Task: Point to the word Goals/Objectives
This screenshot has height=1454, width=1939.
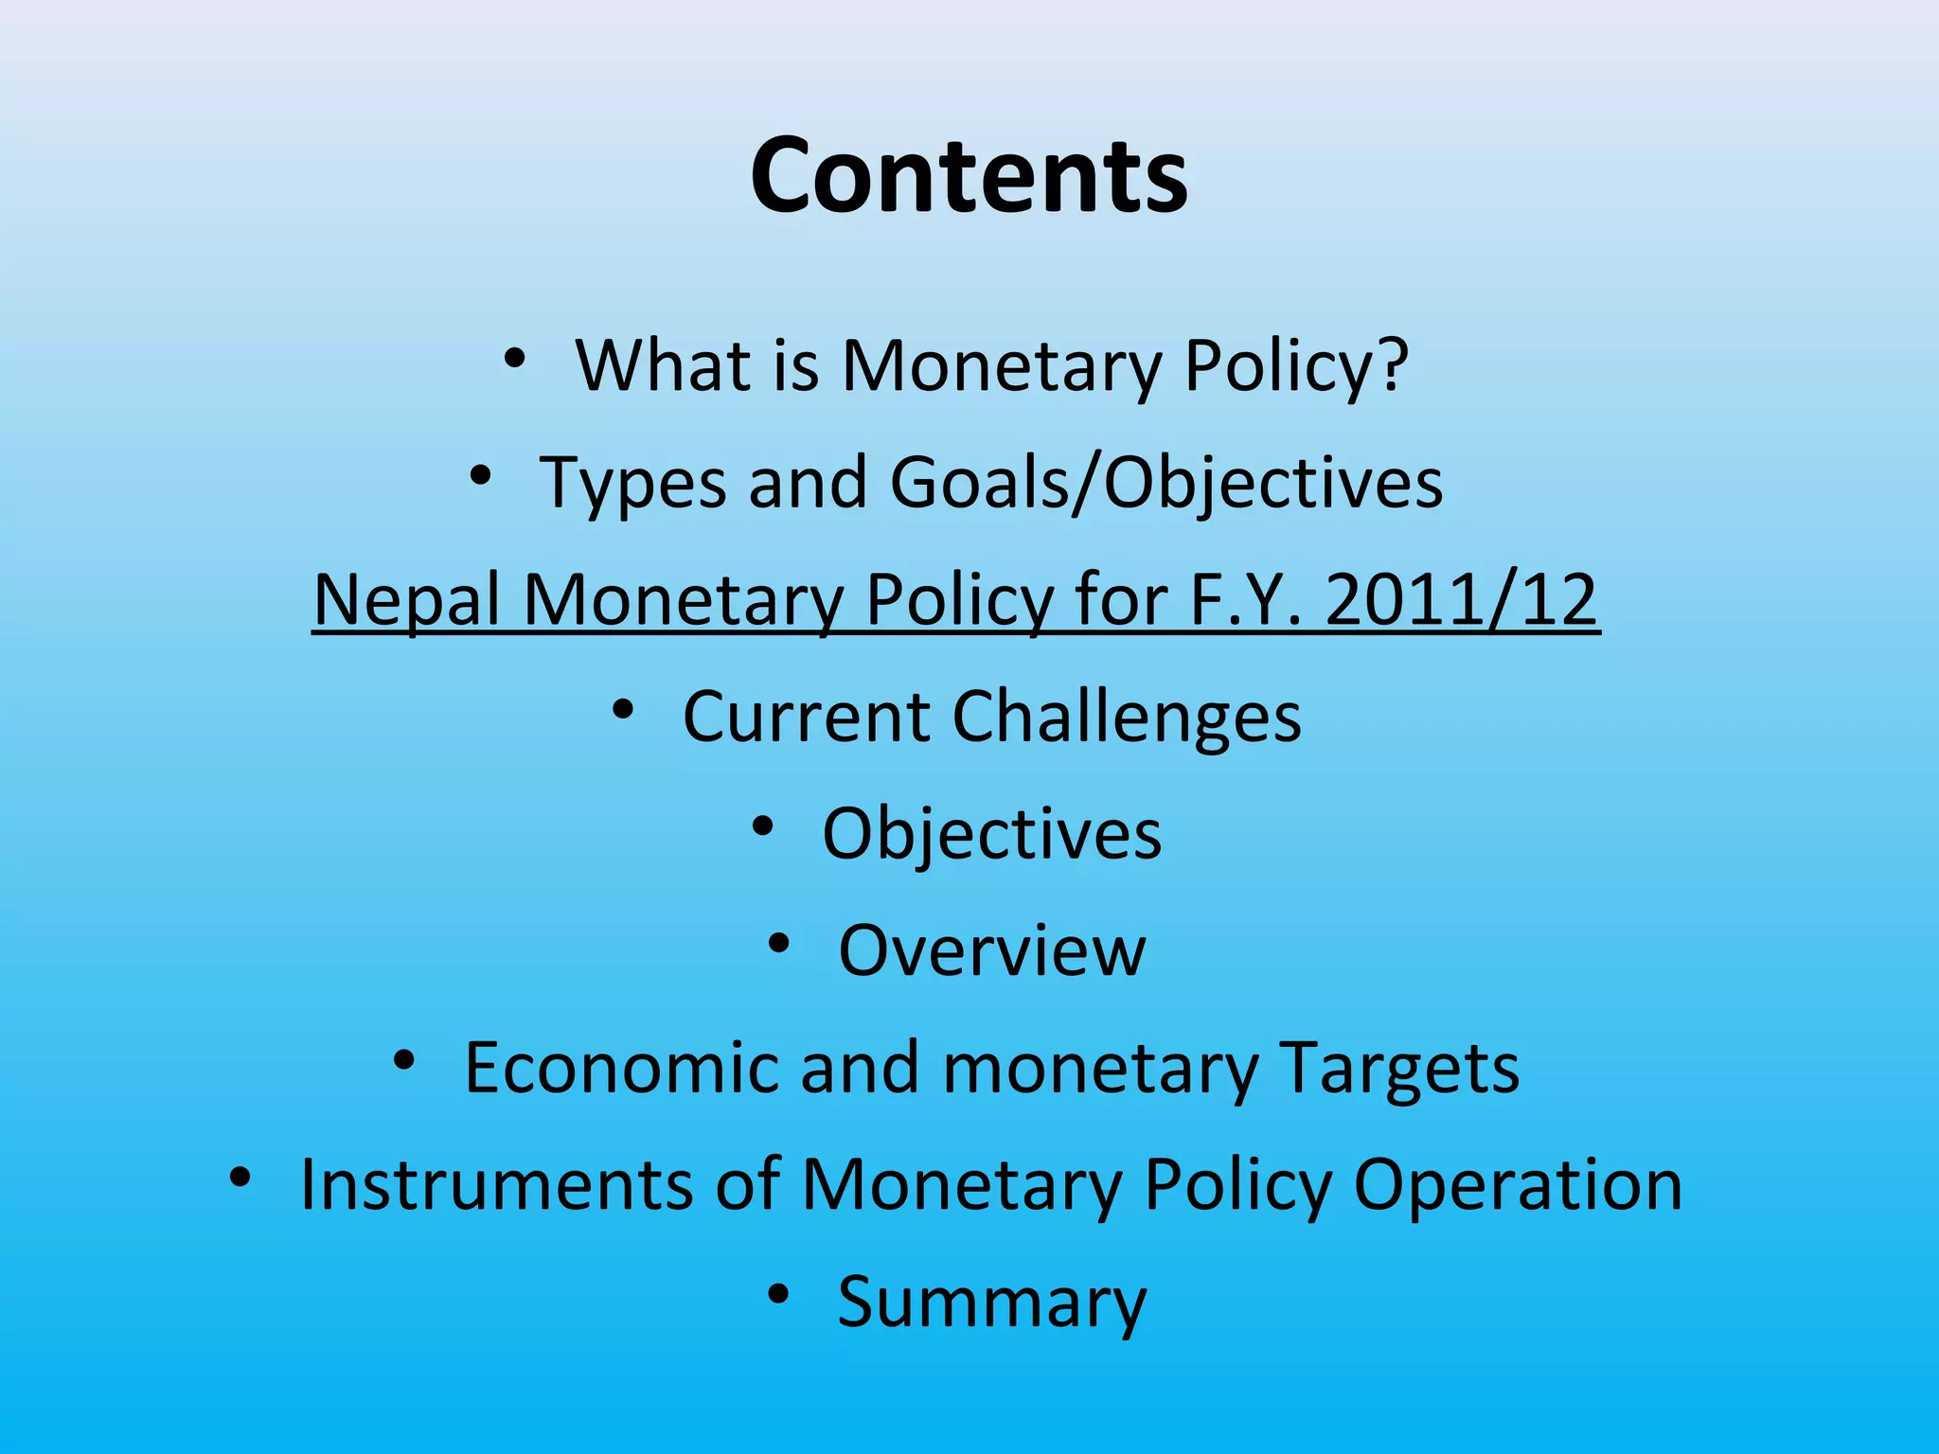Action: (1165, 484)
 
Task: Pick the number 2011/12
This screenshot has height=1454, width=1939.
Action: (1462, 600)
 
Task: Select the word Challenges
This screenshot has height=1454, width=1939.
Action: (1127, 717)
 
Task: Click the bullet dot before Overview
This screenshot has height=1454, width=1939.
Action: (778, 944)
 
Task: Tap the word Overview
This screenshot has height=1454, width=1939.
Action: (992, 950)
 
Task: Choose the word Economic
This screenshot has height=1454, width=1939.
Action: (621, 1068)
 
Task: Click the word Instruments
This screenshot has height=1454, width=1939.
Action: (495, 1184)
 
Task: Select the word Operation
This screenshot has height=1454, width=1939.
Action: (1518, 1184)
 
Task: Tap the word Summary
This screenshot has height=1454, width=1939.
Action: (992, 1303)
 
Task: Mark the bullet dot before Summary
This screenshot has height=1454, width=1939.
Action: (778, 1294)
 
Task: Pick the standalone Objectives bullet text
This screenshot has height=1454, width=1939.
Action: (991, 834)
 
